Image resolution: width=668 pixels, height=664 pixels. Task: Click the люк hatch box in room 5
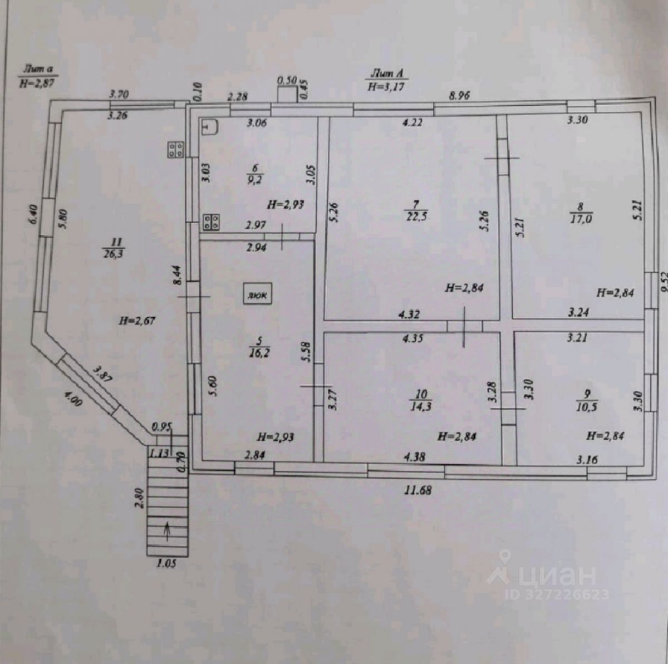[257, 294]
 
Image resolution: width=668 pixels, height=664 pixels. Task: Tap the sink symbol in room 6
[210, 128]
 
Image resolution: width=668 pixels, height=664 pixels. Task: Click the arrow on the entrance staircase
[167, 532]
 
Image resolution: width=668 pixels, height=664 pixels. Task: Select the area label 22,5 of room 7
[416, 217]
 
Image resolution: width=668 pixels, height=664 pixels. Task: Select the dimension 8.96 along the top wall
[459, 95]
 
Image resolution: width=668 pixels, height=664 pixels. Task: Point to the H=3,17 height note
[386, 86]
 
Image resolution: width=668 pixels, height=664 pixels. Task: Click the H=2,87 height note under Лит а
[38, 83]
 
